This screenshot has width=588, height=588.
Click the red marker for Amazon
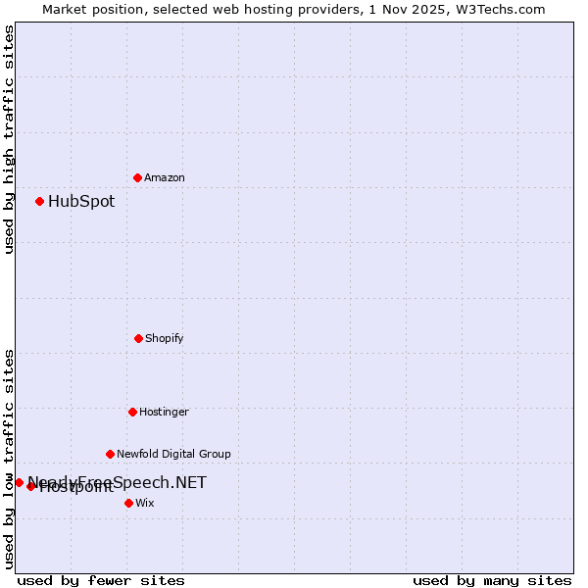click(x=137, y=177)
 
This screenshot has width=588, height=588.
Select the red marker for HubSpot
click(x=39, y=202)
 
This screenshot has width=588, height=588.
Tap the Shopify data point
click(x=138, y=338)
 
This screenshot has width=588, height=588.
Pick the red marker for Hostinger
click(x=132, y=412)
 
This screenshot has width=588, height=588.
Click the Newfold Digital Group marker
click(x=110, y=454)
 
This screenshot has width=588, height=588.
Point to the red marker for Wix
click(x=128, y=503)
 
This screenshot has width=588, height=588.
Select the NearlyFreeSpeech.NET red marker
click(x=19, y=482)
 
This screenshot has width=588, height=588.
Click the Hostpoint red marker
click(x=30, y=486)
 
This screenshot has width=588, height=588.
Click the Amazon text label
click(x=165, y=177)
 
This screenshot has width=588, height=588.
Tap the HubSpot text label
click(x=81, y=202)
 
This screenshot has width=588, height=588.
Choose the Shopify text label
click(x=165, y=338)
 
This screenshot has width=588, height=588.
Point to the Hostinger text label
click(x=164, y=412)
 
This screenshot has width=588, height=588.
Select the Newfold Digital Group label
click(x=173, y=454)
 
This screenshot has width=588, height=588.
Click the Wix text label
click(x=145, y=503)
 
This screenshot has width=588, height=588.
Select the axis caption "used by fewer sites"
click(x=101, y=580)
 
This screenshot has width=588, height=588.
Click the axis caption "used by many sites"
click(x=492, y=580)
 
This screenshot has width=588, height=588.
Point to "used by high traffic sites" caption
click(x=9, y=139)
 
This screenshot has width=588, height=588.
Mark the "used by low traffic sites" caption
click(x=9, y=458)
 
